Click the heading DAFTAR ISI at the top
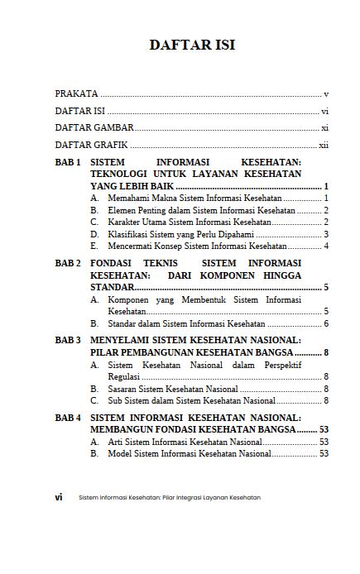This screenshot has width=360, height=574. click(192, 45)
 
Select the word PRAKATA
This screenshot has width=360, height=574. click(76, 94)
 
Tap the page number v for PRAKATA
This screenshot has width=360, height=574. click(327, 94)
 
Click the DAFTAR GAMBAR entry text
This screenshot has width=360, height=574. click(94, 128)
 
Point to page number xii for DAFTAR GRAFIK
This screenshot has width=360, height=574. click(324, 145)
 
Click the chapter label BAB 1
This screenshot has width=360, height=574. click(68, 163)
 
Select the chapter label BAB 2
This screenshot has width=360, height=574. click(68, 263)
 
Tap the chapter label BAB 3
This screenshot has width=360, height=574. click(68, 340)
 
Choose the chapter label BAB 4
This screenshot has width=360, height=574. click(68, 419)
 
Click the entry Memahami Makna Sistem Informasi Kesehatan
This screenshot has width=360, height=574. click(195, 199)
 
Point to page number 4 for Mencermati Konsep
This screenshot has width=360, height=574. click(327, 246)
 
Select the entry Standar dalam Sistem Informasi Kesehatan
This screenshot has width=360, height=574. click(187, 323)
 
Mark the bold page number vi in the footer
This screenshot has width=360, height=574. click(59, 497)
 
